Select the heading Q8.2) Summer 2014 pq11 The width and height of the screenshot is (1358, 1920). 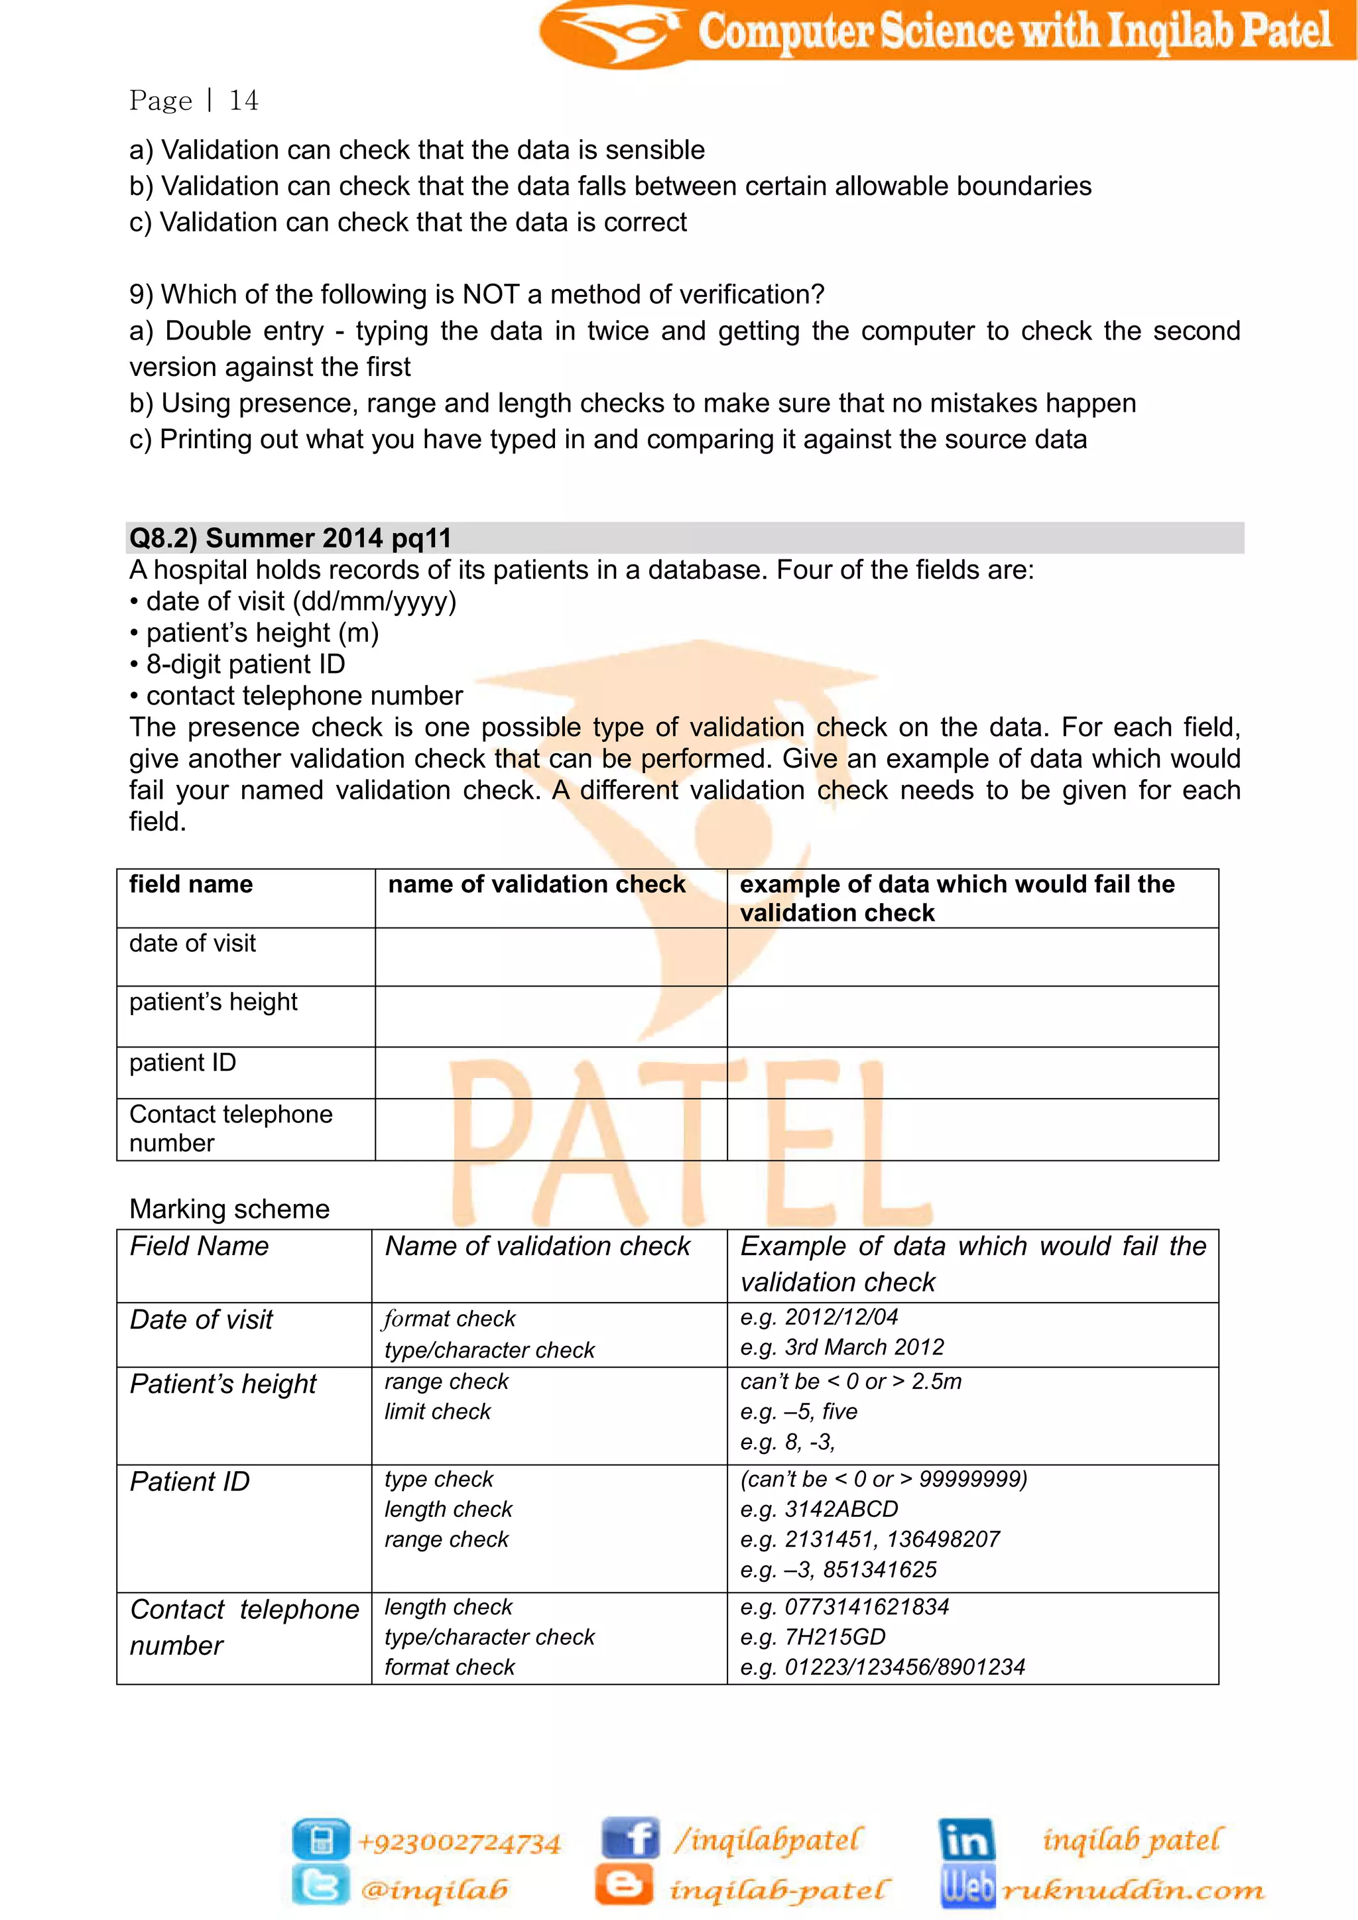click(290, 538)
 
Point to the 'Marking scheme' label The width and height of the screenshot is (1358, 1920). click(229, 1209)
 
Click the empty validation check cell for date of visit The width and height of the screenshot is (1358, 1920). click(550, 957)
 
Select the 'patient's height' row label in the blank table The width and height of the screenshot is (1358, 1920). click(214, 1002)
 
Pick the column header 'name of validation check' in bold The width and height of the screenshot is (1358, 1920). click(536, 884)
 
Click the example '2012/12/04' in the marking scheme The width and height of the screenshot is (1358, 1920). click(840, 1317)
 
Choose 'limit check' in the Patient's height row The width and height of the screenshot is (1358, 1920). click(438, 1411)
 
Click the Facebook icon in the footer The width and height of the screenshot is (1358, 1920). click(631, 1839)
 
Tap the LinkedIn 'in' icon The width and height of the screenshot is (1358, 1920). click(966, 1840)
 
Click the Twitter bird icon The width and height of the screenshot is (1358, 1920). click(320, 1887)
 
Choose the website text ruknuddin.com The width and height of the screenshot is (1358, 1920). click(1133, 1889)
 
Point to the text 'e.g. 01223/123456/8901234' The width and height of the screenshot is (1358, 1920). click(882, 1667)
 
